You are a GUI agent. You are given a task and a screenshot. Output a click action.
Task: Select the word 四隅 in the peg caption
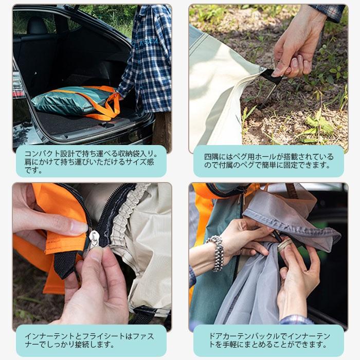(211, 156)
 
